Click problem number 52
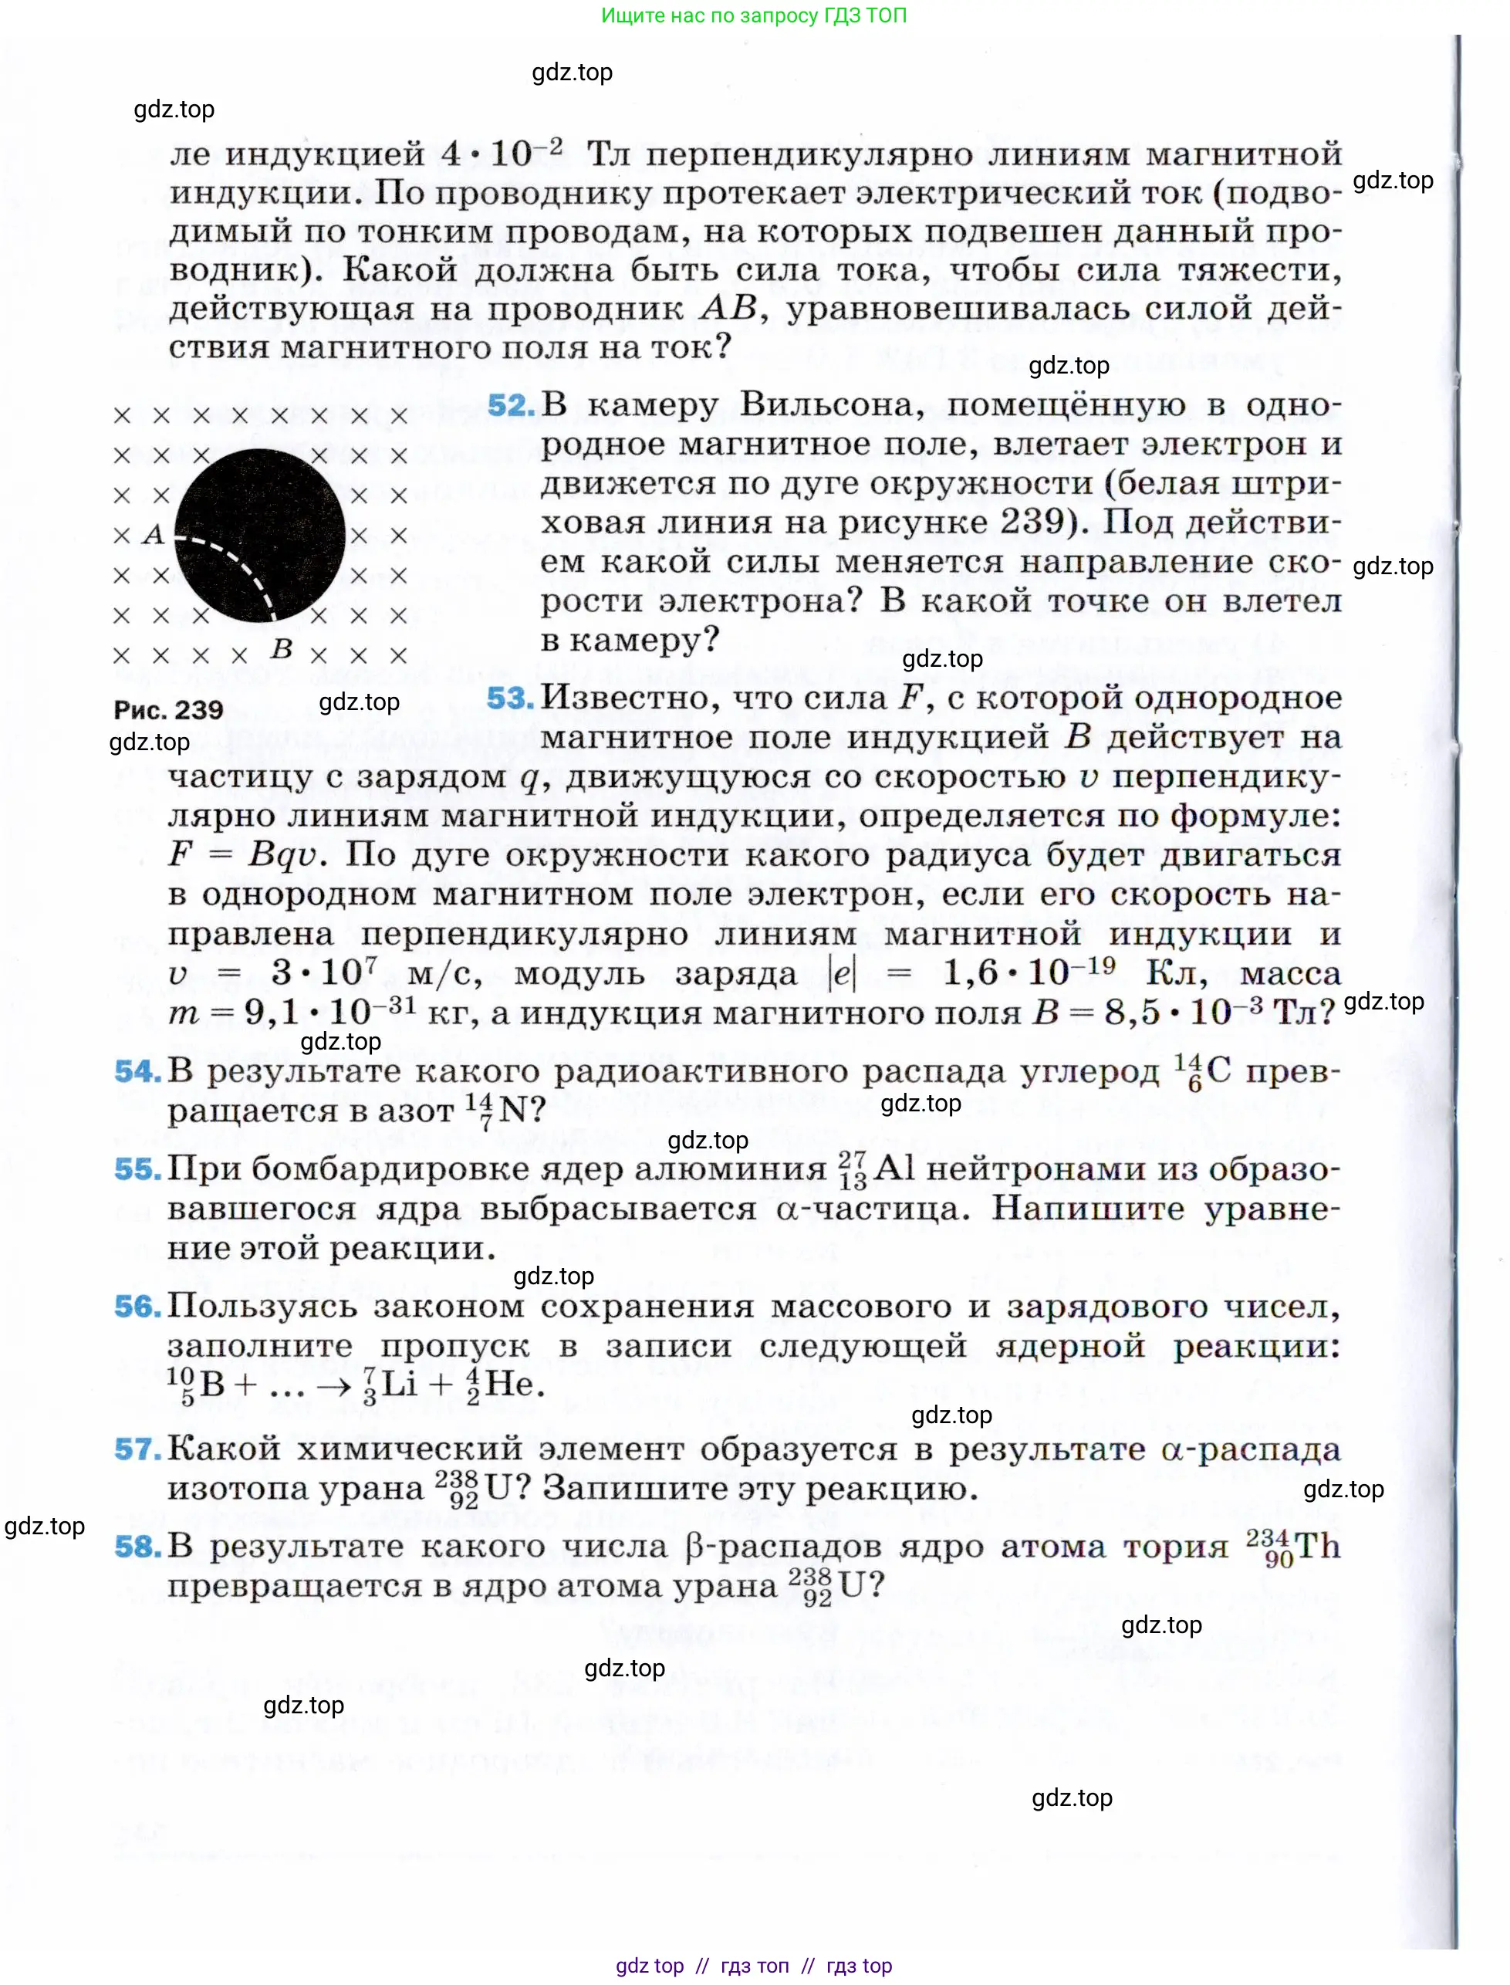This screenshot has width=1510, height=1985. [511, 405]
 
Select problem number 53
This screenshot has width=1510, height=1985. [509, 698]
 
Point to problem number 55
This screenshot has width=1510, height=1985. [137, 1168]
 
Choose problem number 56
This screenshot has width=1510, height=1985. [137, 1307]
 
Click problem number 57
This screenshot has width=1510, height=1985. [137, 1449]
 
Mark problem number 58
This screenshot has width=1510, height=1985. [137, 1547]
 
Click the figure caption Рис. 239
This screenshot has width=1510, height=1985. [168, 710]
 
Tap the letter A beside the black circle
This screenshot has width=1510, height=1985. [154, 535]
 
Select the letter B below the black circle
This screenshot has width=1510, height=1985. [282, 649]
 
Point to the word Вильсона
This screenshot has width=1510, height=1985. [832, 405]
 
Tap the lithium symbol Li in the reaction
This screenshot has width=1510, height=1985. [399, 1385]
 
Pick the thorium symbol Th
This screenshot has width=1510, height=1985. [1317, 1547]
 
